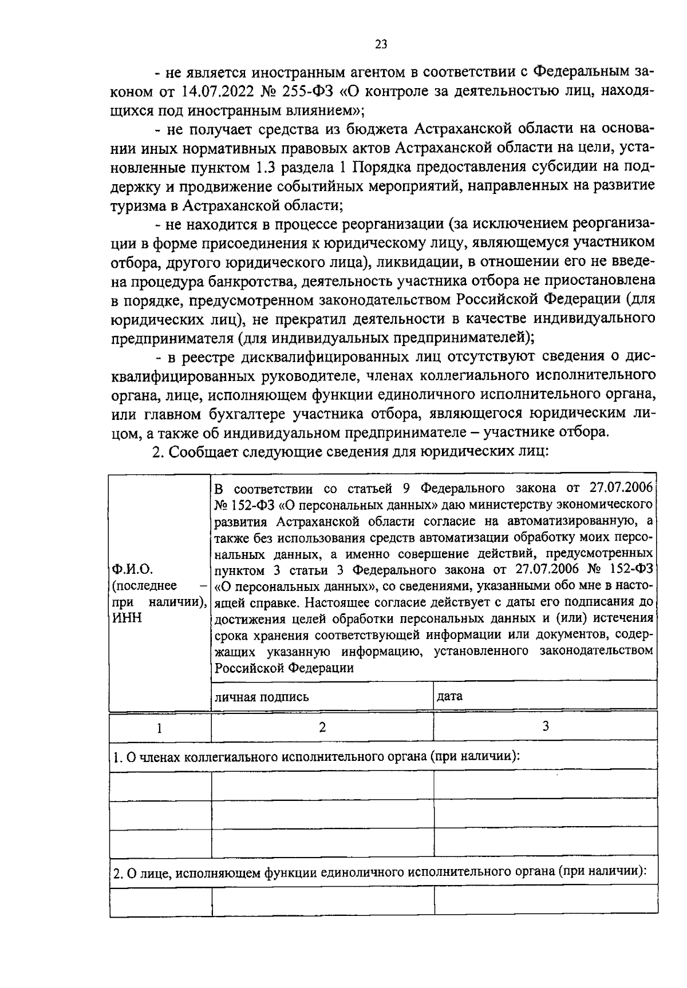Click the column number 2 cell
[x=322, y=727]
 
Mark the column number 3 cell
[x=545, y=726]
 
